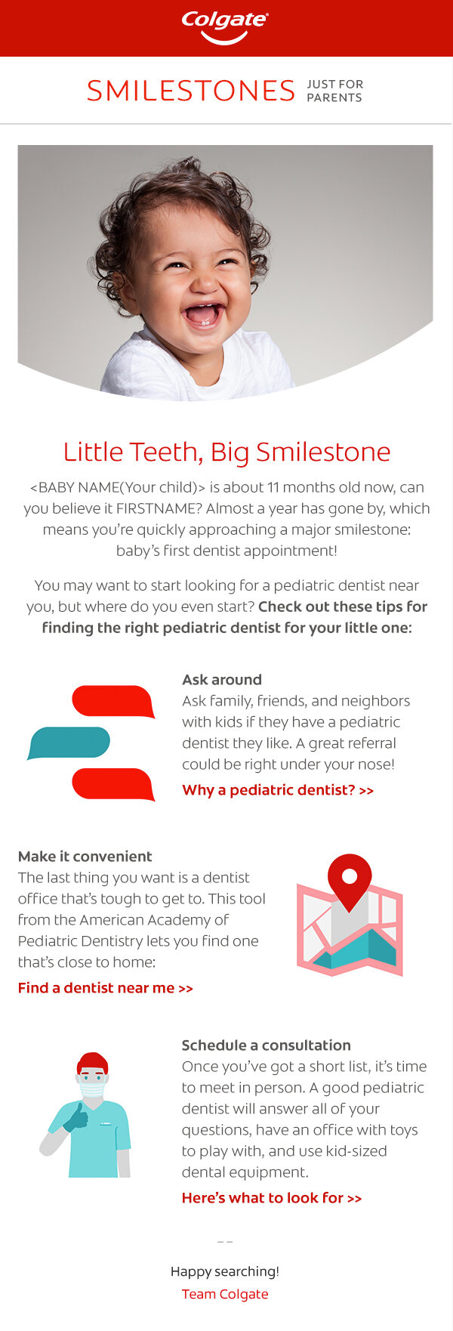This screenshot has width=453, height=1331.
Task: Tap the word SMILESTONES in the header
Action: tap(190, 91)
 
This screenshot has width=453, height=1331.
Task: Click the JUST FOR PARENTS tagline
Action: tap(334, 91)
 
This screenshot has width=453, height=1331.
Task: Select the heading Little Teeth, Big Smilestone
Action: tap(226, 452)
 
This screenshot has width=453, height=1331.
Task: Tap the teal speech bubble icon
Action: tap(69, 743)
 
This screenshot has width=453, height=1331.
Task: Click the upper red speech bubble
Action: tap(113, 701)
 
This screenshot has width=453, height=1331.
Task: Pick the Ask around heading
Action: tap(222, 679)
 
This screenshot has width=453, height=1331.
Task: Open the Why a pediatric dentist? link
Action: tap(278, 790)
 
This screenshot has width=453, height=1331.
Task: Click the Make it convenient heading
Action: tap(85, 856)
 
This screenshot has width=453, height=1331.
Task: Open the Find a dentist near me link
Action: tap(106, 987)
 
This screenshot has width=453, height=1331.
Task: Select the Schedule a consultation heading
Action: tap(266, 1045)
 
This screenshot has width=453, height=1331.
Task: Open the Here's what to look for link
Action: tap(272, 1197)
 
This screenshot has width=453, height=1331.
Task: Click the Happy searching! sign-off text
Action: tap(225, 1271)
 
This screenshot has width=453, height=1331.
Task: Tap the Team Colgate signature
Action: tap(225, 1294)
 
